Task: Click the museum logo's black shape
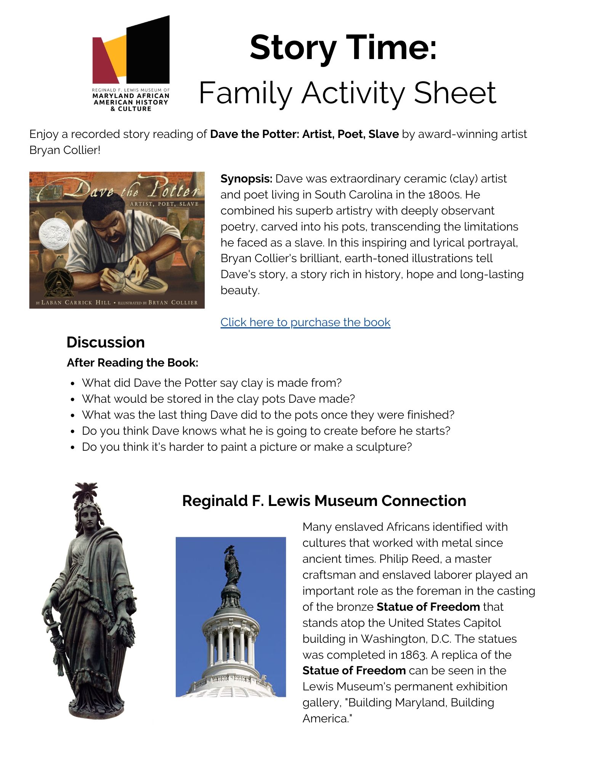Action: [x=149, y=50]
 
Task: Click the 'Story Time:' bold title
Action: [x=343, y=48]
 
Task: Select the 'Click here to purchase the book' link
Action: [x=305, y=322]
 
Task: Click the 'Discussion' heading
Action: [x=106, y=342]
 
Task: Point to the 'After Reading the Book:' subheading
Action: [x=132, y=363]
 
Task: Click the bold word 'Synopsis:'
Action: [x=246, y=179]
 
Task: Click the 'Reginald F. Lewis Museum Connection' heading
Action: [x=324, y=501]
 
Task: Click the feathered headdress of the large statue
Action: [x=86, y=493]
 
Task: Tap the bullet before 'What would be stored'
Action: [x=73, y=399]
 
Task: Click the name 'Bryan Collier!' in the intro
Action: [x=65, y=150]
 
